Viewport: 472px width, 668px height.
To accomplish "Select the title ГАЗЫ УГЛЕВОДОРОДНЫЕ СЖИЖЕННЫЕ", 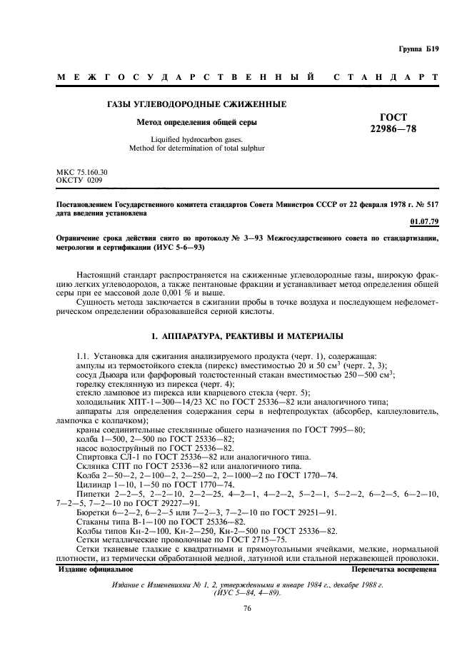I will pos(196,104).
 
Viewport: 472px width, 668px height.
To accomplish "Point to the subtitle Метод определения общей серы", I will pos(196,122).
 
